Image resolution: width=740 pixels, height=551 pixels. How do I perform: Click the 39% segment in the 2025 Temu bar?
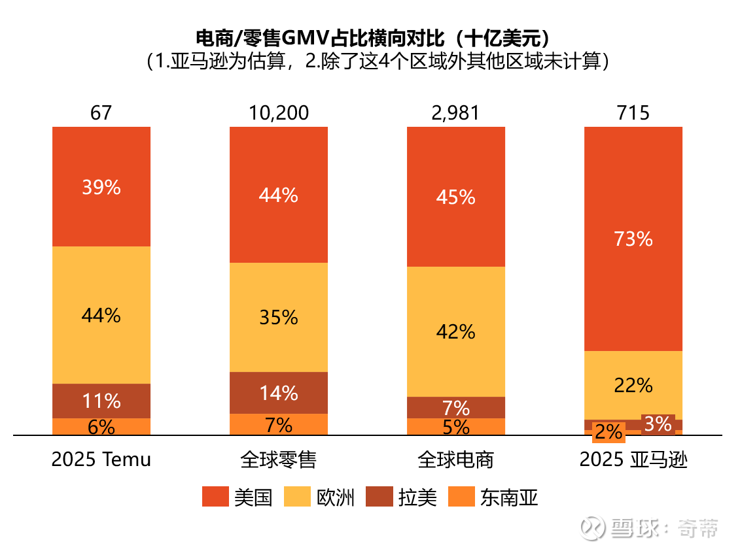[101, 187]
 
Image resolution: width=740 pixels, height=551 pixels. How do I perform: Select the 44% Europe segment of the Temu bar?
[101, 315]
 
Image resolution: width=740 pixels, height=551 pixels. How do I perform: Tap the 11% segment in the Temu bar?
[101, 401]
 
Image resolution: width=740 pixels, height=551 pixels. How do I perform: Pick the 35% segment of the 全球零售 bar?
[279, 317]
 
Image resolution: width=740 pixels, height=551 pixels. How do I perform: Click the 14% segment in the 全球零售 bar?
[279, 393]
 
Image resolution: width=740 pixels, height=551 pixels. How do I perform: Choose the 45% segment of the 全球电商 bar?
[456, 196]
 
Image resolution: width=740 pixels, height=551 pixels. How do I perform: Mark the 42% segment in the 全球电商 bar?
[456, 331]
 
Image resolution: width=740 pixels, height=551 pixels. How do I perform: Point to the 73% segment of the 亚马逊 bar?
[633, 239]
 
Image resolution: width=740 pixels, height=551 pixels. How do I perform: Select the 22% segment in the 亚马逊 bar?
[633, 385]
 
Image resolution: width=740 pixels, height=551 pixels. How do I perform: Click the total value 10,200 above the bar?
[279, 113]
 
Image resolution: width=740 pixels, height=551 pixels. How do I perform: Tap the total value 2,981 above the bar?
[456, 113]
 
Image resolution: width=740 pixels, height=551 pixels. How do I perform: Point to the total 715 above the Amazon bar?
[633, 113]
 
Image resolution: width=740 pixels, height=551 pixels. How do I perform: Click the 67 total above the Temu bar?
[101, 113]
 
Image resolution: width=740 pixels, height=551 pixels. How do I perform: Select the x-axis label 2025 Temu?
[101, 459]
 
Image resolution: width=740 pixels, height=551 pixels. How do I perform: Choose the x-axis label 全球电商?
[456, 459]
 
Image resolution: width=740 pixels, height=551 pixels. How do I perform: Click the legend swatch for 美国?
[215, 497]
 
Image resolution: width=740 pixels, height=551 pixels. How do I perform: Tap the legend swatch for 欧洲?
[297, 497]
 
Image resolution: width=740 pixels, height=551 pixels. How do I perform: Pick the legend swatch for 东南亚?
[461, 497]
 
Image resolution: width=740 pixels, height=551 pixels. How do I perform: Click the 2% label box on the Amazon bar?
[609, 433]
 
